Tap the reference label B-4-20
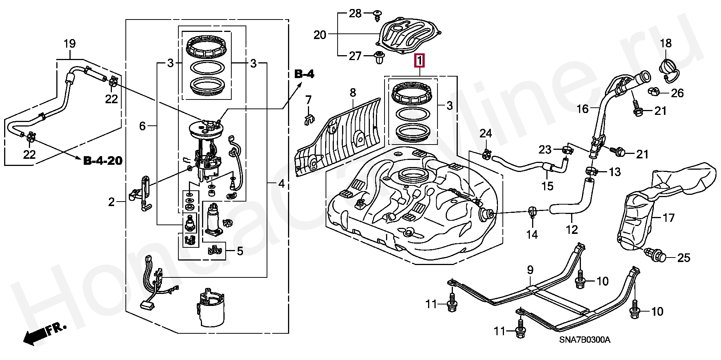coord(103,161)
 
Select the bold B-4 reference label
coord(304,74)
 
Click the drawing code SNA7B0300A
coord(585,340)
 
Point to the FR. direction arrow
coord(45,333)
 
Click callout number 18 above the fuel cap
coord(666,43)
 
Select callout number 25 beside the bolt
coord(684,258)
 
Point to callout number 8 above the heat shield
coord(353,92)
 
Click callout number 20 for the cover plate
coord(320,35)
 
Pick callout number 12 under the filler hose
coord(572,229)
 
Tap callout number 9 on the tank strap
coord(530,270)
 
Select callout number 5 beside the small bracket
coord(240,251)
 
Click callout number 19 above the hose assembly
coord(69,44)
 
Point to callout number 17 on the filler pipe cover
coord(668,218)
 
